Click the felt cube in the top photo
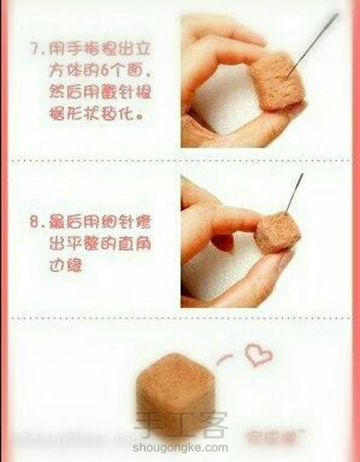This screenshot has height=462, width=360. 273,84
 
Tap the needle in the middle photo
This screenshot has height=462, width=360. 293,194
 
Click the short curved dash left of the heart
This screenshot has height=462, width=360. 226,358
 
